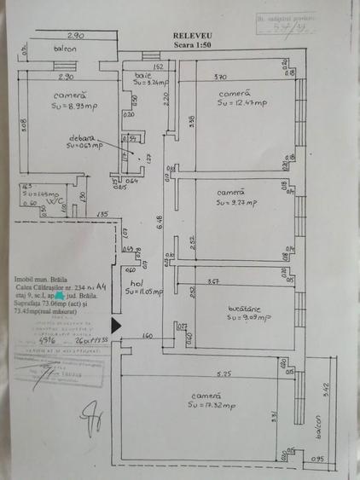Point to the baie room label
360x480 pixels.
coord(142,75)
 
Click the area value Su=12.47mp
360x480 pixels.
coord(242,102)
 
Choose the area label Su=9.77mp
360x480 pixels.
coord(240,203)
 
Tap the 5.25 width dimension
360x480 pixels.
coord(225,373)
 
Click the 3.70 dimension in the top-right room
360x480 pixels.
coord(220,77)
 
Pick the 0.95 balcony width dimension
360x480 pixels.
coord(319,460)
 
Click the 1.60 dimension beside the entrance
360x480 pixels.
coord(147,336)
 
